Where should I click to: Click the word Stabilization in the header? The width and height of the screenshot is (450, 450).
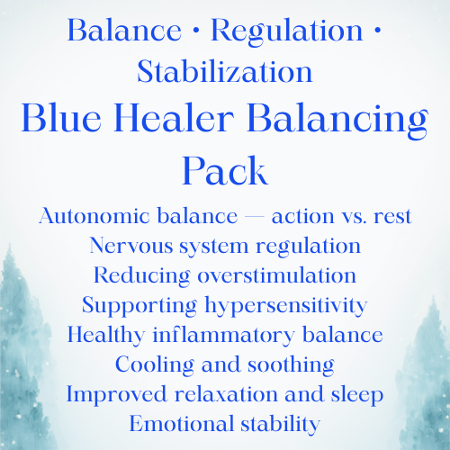pos(225,71)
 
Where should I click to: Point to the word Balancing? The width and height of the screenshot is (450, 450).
pos(337,121)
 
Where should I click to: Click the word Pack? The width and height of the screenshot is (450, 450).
pos(225,170)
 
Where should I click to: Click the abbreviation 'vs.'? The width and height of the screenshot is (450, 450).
pos(354,217)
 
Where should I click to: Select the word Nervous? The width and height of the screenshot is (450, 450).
pos(131,246)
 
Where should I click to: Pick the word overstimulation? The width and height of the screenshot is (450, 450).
pos(276,274)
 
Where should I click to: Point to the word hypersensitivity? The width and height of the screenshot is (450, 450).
pos(286,306)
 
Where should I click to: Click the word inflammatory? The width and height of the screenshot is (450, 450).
pos(223,336)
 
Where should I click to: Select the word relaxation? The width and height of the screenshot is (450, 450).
pos(226,394)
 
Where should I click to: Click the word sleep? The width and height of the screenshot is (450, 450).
pos(357,395)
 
